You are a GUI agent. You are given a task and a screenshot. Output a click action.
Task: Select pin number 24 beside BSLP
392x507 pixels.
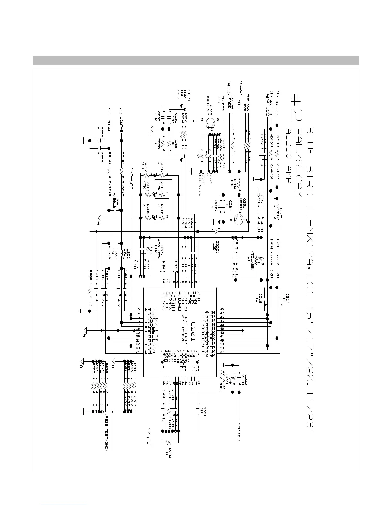point(138,352)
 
